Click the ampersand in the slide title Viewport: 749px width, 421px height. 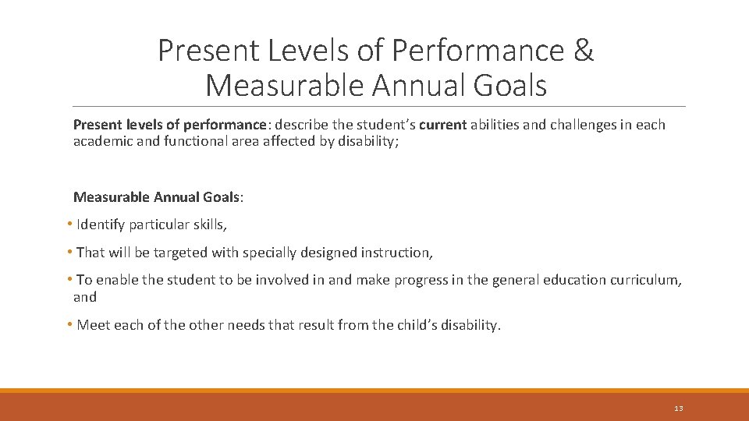click(x=583, y=50)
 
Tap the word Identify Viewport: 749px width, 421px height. click(x=101, y=225)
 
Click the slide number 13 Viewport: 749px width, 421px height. click(x=678, y=409)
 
